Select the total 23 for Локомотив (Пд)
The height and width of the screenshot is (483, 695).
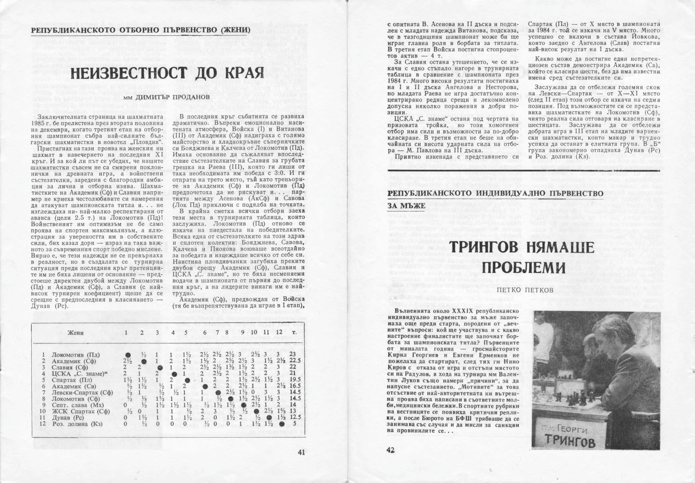click(292, 354)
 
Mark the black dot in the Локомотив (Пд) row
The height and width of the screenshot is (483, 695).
click(128, 355)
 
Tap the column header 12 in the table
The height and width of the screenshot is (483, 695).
click(279, 333)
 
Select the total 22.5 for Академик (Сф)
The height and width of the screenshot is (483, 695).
click(295, 360)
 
